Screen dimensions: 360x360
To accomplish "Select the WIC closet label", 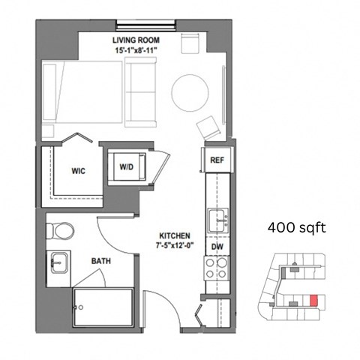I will pos(79,171).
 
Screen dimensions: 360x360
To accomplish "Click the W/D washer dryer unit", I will pos(127,167).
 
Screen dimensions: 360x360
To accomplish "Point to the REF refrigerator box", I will pos(217,160).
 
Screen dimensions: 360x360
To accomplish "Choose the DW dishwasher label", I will pos(217,246).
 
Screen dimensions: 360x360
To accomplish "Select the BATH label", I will pos(100,261).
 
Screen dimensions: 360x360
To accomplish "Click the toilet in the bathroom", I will pos(59,229).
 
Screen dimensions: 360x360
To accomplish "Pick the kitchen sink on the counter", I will pos(217,220).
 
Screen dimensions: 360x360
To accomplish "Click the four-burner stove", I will pos(217,268).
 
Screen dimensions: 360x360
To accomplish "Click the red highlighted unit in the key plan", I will pos(314,301).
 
